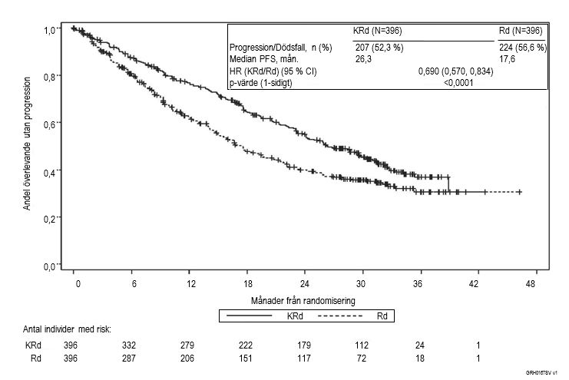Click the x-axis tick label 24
(x=305, y=283)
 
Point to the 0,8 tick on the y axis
(x=49, y=76)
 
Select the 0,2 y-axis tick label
(x=49, y=219)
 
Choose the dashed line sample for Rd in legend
(x=339, y=315)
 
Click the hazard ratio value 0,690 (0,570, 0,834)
(x=455, y=71)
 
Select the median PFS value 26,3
(x=363, y=59)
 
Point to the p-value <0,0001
(x=459, y=83)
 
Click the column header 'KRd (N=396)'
(x=377, y=31)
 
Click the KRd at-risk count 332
(x=129, y=345)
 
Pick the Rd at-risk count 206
(x=188, y=357)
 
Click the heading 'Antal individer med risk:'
(x=68, y=329)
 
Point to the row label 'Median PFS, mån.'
(x=264, y=59)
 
